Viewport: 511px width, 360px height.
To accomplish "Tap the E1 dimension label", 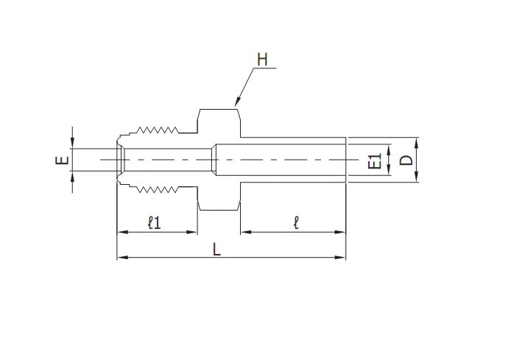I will (x=374, y=161).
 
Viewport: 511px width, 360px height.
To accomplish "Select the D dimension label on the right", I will (x=404, y=160).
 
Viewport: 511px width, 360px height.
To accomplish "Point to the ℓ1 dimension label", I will (x=155, y=222).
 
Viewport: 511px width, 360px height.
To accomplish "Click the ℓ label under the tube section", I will (x=295, y=222).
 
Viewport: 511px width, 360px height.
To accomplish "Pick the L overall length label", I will (x=216, y=249).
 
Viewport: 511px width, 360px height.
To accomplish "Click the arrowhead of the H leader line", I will (x=236, y=103).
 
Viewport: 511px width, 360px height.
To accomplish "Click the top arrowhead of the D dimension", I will (x=417, y=141).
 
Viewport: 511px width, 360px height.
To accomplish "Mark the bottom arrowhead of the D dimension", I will (x=417, y=177).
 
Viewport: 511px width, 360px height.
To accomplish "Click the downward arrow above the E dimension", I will (x=72, y=144).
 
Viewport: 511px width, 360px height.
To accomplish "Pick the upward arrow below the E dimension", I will (x=72, y=177).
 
